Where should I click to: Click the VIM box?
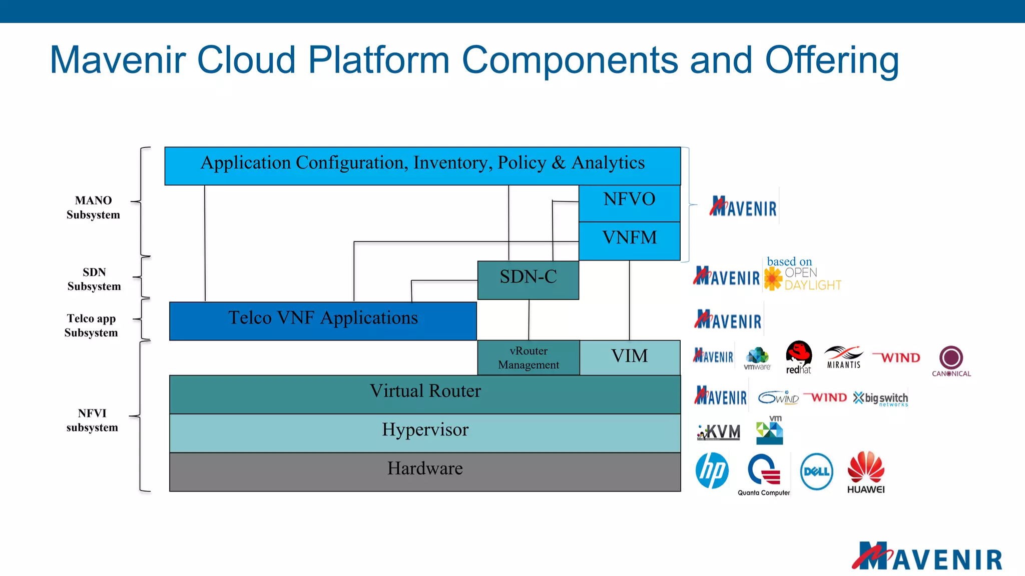coord(630,357)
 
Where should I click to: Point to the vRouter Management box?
coord(529,358)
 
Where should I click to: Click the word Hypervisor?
coord(425,429)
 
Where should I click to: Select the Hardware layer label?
coord(425,468)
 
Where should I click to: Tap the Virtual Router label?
coord(425,391)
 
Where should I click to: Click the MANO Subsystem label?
coord(93,207)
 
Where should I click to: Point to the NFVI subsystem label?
coord(92,420)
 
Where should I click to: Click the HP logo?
coord(712,471)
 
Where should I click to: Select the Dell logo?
coord(816,471)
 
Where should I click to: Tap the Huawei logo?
coord(866,472)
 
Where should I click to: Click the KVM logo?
coord(719,431)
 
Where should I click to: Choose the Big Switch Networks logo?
coord(880,398)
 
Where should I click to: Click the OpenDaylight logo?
coord(803,278)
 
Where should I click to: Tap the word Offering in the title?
coord(831,60)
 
